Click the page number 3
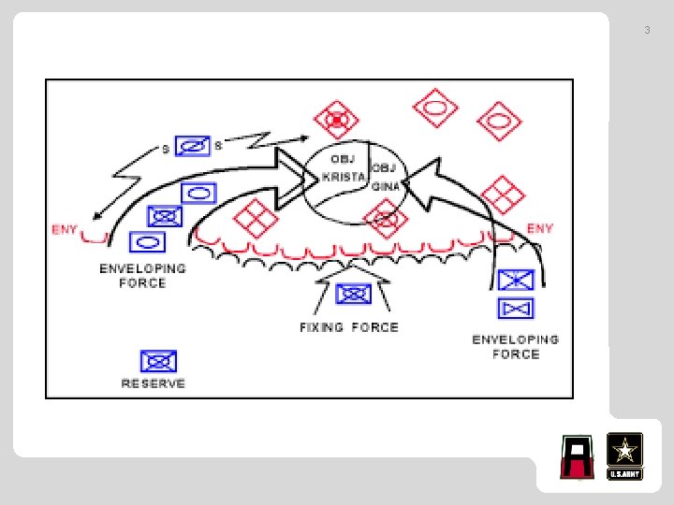click(646, 31)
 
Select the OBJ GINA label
click(387, 177)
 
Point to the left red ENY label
click(65, 229)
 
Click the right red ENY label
click(540, 227)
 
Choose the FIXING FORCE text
click(349, 327)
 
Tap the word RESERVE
click(154, 383)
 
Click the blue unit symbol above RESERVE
click(158, 360)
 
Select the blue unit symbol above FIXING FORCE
click(353, 294)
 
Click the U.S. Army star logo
click(624, 455)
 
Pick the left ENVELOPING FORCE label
click(142, 275)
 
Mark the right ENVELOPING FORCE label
click(516, 346)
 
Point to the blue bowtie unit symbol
click(517, 306)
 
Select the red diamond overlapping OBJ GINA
click(388, 221)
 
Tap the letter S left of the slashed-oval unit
click(166, 150)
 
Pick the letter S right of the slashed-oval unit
click(219, 145)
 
